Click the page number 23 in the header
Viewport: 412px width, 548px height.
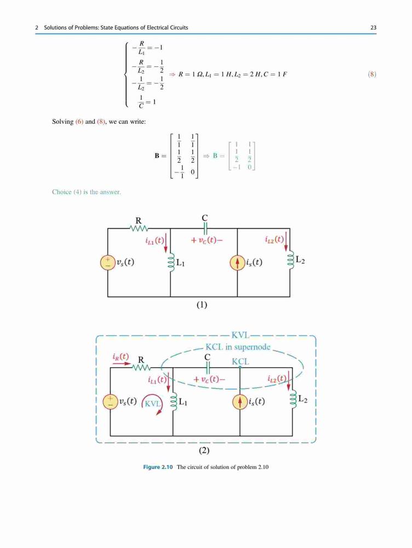[x=373, y=27]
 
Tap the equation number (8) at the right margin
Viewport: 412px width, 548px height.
[x=372, y=74]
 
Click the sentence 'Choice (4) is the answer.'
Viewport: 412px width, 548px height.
[x=87, y=192]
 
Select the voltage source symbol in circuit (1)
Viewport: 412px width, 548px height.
[x=107, y=263]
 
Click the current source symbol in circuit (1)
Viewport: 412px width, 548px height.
[x=237, y=263]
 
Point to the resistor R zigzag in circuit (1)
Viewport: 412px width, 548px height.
[x=139, y=229]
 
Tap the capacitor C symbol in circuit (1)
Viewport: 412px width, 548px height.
[x=205, y=229]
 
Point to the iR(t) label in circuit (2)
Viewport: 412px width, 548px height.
[x=121, y=357]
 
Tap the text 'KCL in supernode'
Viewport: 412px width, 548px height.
[x=238, y=347]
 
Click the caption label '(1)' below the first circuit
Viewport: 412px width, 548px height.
[x=202, y=305]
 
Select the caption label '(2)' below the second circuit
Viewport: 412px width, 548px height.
[x=204, y=450]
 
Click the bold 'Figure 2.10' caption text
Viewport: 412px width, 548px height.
[x=158, y=467]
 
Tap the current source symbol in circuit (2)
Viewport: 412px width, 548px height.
[x=240, y=402]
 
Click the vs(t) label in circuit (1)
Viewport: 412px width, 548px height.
[x=125, y=262]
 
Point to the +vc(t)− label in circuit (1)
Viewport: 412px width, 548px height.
[x=207, y=241]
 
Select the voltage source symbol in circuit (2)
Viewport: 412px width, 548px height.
[x=110, y=402]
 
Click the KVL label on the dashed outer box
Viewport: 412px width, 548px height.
[x=240, y=335]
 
